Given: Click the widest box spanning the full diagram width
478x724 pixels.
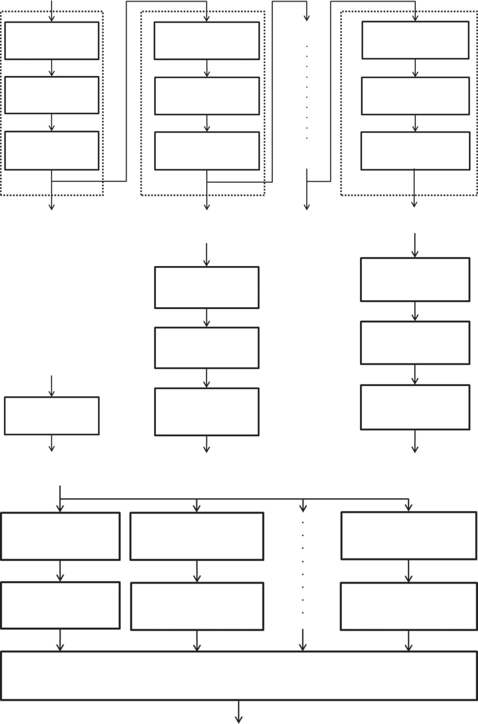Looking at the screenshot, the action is [x=239, y=675].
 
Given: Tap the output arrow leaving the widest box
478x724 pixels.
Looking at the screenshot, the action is [x=239, y=711].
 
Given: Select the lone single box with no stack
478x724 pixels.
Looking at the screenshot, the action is [x=52, y=416].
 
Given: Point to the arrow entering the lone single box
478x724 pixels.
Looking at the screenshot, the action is [x=51, y=386].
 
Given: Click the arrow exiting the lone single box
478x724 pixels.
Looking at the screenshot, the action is [x=51, y=443].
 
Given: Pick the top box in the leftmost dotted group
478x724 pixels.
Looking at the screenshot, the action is [x=52, y=40].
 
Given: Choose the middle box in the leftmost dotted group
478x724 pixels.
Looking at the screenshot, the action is [x=52, y=95].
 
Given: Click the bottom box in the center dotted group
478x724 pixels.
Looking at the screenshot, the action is [x=207, y=151].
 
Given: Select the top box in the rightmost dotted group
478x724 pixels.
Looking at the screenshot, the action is [x=415, y=40].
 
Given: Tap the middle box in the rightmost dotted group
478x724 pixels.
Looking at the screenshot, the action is [x=415, y=96].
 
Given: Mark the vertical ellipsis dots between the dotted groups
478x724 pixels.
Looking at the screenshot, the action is [x=307, y=92].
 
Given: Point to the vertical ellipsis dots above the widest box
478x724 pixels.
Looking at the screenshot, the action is [x=303, y=567].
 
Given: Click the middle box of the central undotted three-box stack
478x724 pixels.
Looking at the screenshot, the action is [x=207, y=348].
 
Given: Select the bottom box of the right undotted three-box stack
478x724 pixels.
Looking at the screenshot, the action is [x=415, y=407].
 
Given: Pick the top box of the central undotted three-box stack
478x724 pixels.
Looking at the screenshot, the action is [x=207, y=287].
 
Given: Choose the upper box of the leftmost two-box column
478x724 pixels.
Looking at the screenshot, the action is [x=60, y=536].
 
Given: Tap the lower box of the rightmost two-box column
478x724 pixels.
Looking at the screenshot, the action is [x=408, y=606].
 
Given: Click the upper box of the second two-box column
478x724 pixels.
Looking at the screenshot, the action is [x=197, y=536].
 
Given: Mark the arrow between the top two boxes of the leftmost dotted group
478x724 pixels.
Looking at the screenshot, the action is [x=52, y=68].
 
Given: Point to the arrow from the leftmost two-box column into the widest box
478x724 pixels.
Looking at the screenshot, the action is [x=60, y=640].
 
